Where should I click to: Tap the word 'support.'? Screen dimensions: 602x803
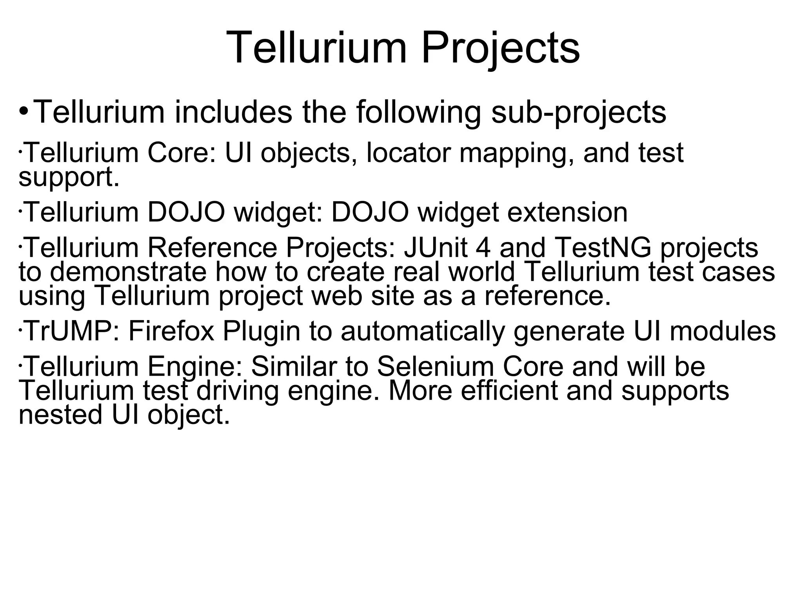click(69, 178)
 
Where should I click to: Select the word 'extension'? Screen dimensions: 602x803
click(567, 212)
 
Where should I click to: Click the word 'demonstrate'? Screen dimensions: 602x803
click(128, 272)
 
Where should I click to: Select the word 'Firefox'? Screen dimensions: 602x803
click(171, 331)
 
